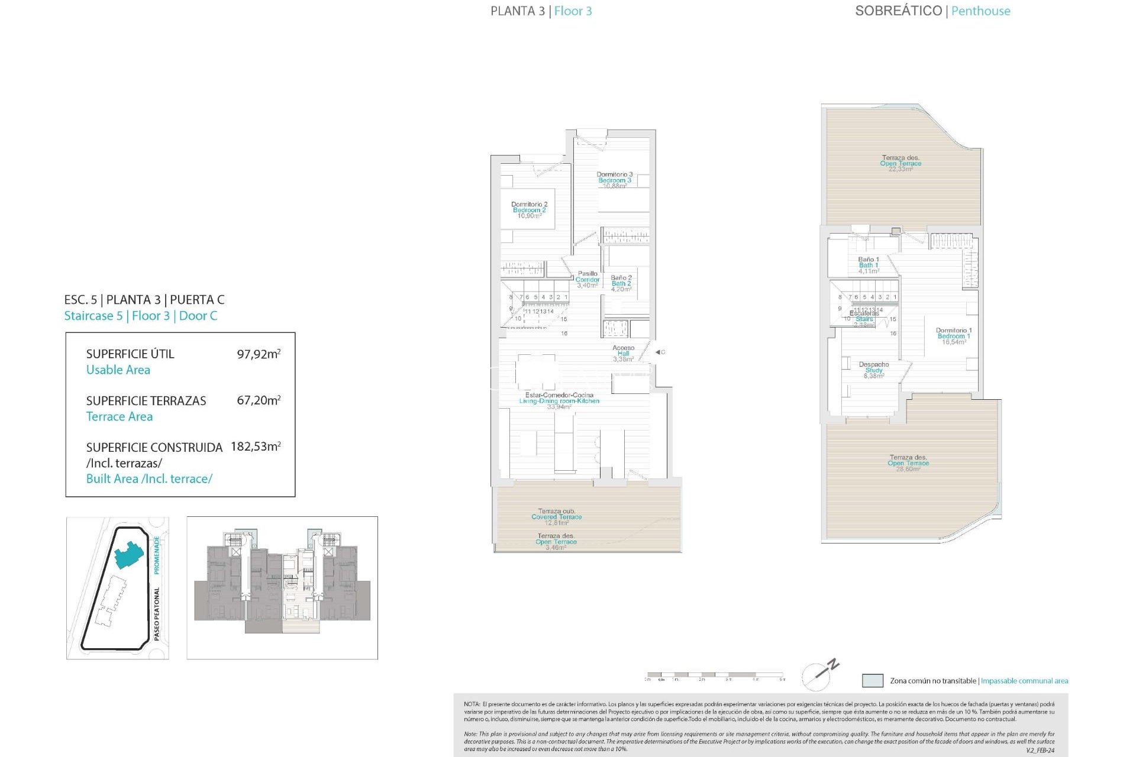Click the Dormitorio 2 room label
(529, 210)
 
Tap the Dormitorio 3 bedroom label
(615, 180)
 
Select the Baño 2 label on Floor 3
(621, 283)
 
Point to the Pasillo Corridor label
(588, 279)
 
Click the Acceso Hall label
(624, 353)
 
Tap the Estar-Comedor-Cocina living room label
(559, 400)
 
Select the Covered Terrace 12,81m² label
(556, 516)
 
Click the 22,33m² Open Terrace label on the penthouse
(901, 163)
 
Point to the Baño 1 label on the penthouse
(869, 265)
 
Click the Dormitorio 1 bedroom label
(954, 336)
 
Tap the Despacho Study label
(874, 370)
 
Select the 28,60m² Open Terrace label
(908, 462)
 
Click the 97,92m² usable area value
(259, 354)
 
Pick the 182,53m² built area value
(256, 447)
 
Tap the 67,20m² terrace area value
(259, 400)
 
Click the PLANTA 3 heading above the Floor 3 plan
(517, 11)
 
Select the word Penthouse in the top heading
(980, 11)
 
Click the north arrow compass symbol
(819, 674)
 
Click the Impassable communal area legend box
(873, 681)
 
